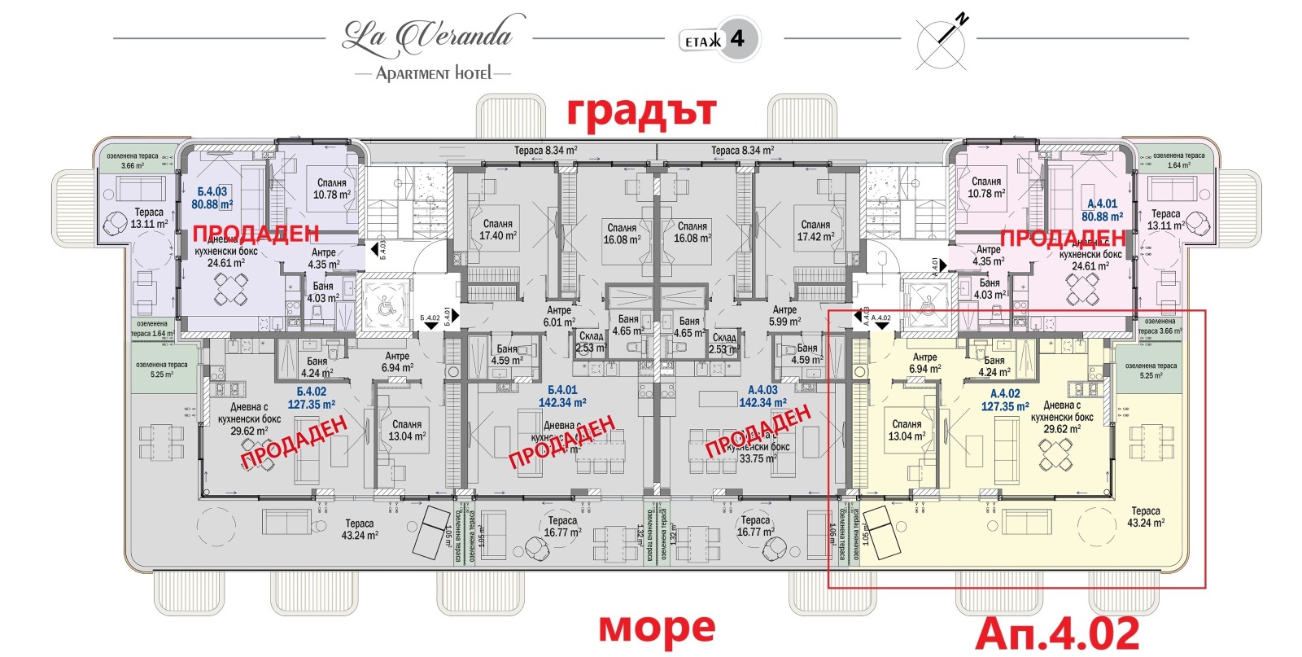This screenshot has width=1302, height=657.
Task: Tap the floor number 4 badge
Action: [719, 39]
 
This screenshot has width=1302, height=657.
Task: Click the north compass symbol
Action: [942, 41]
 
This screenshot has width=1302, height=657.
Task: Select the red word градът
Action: [642, 112]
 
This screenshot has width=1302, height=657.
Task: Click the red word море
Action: [657, 628]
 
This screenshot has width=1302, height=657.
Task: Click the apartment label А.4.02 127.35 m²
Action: [1004, 400]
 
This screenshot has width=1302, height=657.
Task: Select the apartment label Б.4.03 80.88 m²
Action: [212, 199]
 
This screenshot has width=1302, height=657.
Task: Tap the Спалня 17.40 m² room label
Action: [497, 230]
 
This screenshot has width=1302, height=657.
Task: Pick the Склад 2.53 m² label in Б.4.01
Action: [591, 342]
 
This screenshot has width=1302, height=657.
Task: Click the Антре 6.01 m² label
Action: [559, 316]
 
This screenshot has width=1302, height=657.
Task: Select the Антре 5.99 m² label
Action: [784, 316]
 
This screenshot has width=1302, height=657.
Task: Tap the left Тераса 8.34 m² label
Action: [545, 151]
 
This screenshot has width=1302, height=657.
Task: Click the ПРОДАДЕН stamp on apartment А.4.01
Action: [1062, 239]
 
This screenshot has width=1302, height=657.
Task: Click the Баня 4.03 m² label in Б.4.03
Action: [322, 292]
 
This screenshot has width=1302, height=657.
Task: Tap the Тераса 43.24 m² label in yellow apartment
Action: [1146, 517]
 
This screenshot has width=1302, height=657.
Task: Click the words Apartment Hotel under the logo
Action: [434, 73]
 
